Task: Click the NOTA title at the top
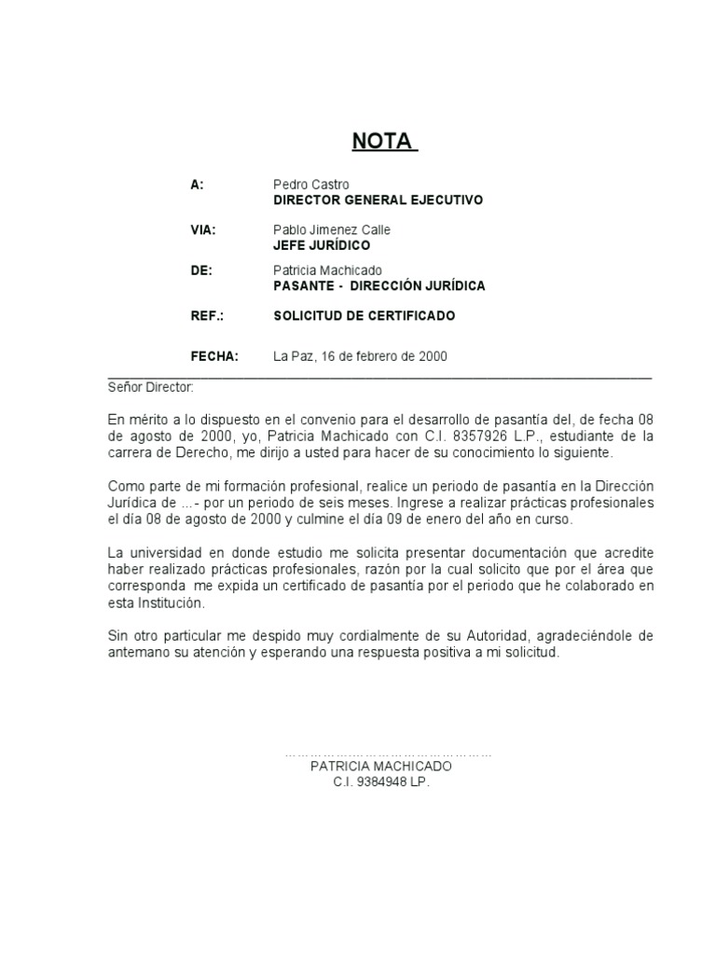383,141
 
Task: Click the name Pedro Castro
310,185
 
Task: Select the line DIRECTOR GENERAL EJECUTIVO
378,200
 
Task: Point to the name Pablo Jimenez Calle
331,229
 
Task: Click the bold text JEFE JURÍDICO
321,245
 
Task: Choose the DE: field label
201,270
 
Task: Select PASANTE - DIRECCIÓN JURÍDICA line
379,285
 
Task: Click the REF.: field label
207,315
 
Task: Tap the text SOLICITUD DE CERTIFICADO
364,315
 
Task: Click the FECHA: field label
214,355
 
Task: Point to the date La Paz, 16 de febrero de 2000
360,355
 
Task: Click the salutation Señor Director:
150,386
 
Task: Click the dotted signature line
388,753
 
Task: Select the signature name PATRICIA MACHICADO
380,766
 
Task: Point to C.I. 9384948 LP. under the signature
381,782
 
